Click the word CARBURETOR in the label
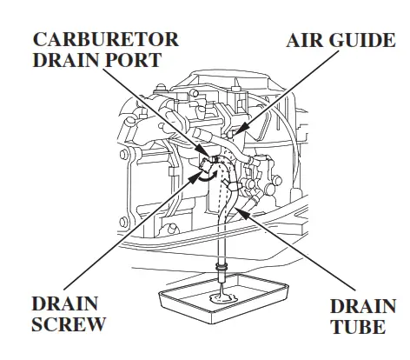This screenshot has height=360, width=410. tap(106, 40)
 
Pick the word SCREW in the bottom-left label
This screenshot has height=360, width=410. tap(69, 326)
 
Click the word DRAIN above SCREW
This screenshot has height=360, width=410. tap(64, 303)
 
